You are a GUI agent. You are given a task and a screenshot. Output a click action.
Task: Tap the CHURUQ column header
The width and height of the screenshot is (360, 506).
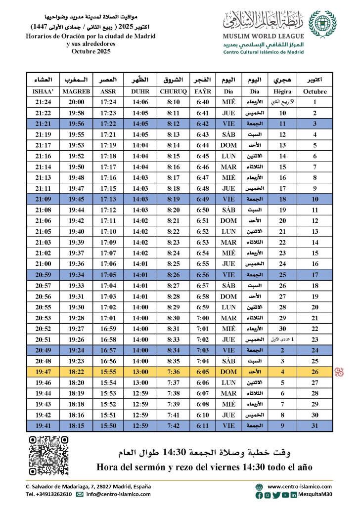174,91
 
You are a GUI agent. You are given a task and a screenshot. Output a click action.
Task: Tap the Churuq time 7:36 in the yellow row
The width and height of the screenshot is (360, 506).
174,372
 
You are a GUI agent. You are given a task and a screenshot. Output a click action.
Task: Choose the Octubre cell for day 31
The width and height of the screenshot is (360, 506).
315,425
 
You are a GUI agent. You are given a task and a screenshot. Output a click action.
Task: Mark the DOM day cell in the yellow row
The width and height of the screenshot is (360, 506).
228,372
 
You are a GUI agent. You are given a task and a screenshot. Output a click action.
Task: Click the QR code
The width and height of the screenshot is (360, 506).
45,455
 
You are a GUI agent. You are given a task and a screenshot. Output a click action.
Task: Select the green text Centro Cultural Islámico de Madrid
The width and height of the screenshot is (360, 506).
263,52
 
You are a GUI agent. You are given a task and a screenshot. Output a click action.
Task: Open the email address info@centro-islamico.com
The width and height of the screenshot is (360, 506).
118,494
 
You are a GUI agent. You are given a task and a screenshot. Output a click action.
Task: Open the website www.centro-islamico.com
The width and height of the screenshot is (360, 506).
300,486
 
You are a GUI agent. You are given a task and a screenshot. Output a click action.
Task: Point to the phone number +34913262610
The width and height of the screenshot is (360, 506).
48,494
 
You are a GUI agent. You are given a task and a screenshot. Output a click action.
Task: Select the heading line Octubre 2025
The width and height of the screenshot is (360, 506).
90,51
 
